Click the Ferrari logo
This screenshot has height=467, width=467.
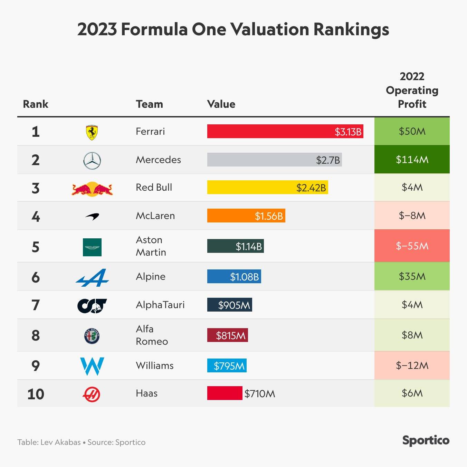(92, 132)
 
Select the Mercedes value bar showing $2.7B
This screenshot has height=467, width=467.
(274, 160)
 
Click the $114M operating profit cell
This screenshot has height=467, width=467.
(412, 160)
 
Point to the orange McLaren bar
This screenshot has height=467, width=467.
(246, 216)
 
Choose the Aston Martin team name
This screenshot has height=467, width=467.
(151, 246)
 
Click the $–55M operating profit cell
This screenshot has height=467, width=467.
(412, 246)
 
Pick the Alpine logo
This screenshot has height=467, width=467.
(92, 278)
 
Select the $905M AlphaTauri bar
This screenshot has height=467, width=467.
(229, 305)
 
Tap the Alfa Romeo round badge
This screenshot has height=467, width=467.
(92, 336)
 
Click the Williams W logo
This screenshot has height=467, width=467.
(92, 366)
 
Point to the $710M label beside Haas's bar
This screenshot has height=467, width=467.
(260, 394)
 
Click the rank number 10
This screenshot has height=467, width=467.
(36, 394)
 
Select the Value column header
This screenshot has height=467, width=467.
(221, 104)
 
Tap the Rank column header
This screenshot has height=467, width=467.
(36, 104)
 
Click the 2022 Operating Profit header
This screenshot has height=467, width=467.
(412, 90)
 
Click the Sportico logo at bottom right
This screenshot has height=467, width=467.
(426, 440)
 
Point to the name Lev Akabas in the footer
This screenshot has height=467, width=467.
(60, 442)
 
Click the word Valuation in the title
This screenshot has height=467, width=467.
(269, 29)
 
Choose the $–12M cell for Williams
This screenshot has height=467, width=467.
(412, 365)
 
